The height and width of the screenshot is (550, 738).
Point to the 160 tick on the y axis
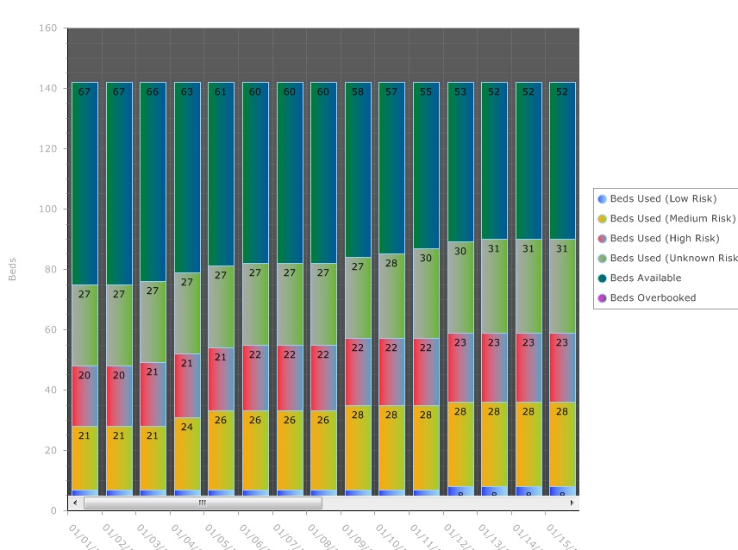point(48,28)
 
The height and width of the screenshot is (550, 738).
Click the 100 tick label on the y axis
point(48,209)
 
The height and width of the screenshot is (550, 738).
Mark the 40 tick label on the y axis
point(51,391)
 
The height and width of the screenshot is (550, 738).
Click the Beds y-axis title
point(12,269)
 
